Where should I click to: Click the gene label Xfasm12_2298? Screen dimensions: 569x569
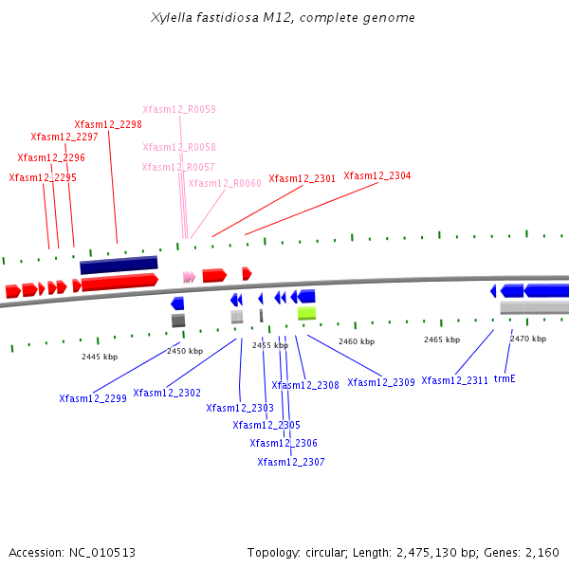[108, 124]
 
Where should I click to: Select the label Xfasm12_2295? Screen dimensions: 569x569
[43, 177]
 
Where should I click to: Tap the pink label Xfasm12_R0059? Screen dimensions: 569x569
[179, 109]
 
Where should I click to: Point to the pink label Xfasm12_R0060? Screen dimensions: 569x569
[225, 183]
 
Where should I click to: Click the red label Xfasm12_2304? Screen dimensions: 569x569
[377, 175]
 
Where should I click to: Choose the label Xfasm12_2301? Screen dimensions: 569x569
[303, 178]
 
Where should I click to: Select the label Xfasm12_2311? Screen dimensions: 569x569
[455, 380]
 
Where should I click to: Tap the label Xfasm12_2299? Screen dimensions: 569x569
[93, 398]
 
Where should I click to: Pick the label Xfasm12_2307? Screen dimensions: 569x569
[291, 462]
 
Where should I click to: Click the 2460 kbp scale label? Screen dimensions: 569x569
[357, 341]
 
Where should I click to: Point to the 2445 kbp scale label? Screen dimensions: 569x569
[100, 357]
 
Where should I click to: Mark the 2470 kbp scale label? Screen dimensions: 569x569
[528, 339]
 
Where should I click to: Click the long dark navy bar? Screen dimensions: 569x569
[119, 265]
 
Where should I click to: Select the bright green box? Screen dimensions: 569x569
[306, 313]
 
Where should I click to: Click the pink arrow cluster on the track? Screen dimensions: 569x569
[189, 277]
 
